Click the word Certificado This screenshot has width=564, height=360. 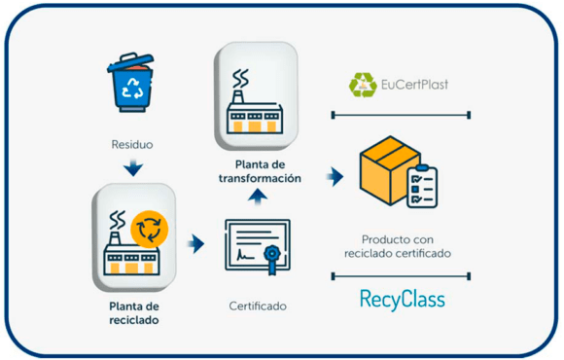coord(258,306)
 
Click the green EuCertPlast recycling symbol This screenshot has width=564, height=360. coord(364,85)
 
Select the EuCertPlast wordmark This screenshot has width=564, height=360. coord(413,85)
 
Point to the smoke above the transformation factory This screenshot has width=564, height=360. coord(239,77)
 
